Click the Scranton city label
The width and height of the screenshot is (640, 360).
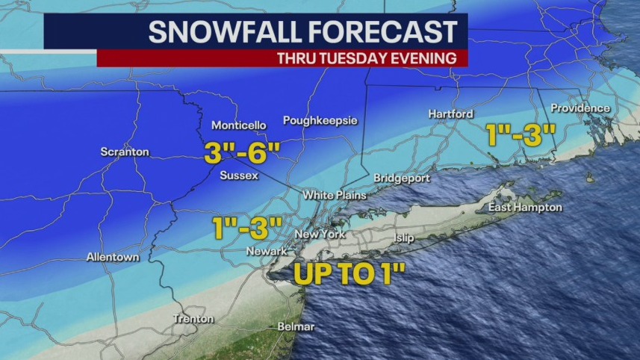125,152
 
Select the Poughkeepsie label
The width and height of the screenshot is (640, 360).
320,120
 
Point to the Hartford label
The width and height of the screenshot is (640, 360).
451,114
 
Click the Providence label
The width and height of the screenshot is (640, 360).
580,108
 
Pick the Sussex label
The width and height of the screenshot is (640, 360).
239,176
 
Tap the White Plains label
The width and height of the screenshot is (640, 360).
335,195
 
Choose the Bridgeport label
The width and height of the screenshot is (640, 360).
402,179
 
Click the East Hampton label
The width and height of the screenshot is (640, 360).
525,207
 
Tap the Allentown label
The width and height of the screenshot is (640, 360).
113,257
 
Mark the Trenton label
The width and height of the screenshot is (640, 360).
193,319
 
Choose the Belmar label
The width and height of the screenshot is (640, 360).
296,326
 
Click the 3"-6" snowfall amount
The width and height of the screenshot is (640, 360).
243,155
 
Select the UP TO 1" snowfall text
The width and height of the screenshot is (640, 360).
349,273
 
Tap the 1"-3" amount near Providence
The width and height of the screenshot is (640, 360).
521,134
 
